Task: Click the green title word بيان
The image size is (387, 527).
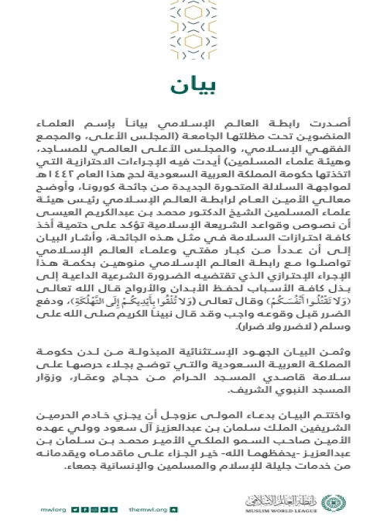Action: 193,84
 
